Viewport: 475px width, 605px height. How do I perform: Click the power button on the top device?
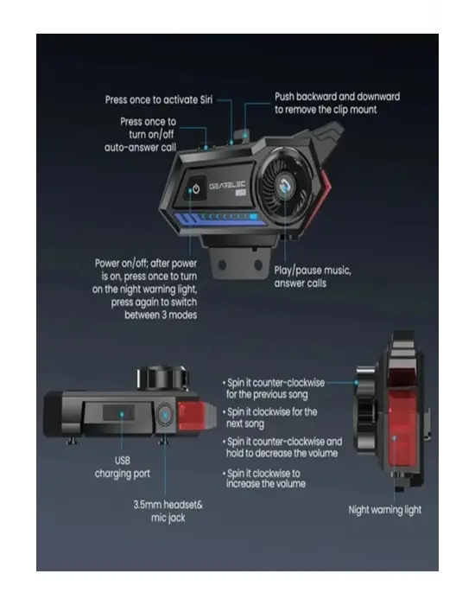197,188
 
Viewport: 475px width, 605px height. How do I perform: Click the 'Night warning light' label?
384,509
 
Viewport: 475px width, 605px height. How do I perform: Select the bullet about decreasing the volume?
283,448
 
